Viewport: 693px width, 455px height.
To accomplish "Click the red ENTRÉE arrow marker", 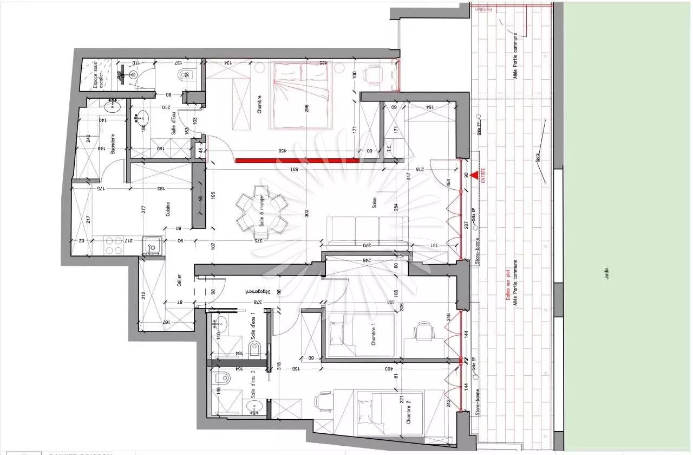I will pos(474,175).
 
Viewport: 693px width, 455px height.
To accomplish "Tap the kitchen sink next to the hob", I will pos(152,247).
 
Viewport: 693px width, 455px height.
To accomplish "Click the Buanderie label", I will pos(113,144).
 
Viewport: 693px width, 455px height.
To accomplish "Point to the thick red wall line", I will pos(297,160).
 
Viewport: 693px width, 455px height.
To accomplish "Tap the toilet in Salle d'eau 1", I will pos(256,347).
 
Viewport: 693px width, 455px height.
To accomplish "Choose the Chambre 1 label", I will pos(373,334).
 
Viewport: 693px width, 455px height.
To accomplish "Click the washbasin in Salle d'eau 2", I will pos(253,406).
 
